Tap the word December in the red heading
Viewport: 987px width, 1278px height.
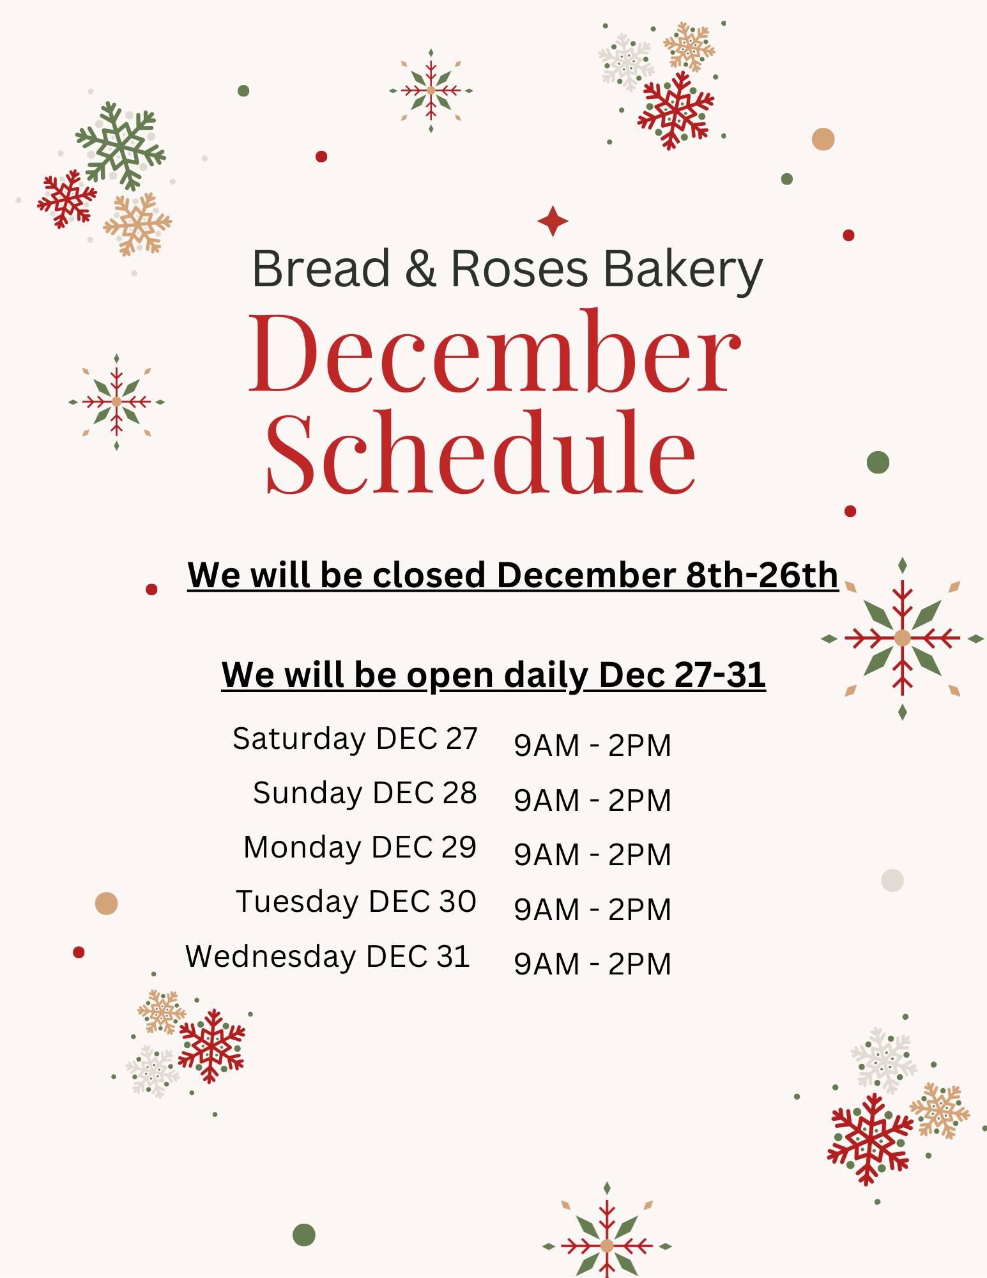point(494,354)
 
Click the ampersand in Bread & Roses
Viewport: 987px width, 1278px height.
point(420,268)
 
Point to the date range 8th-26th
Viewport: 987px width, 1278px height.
point(761,575)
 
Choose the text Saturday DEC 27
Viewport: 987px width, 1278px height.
point(355,739)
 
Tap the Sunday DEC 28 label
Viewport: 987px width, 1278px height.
point(365,793)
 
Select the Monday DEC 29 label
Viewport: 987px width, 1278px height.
point(360,847)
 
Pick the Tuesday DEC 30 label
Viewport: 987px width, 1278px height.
point(356,902)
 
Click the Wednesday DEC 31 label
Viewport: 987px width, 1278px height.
point(328,957)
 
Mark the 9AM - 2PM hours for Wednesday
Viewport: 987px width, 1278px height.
point(592,964)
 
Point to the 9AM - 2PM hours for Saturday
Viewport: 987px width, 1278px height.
point(592,746)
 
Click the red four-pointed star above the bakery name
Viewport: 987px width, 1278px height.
point(553,221)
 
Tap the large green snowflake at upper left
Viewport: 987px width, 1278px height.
point(120,146)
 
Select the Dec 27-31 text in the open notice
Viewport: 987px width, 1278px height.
point(682,675)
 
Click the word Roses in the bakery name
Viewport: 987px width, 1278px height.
point(519,268)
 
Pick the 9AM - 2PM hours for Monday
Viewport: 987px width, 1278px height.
point(592,854)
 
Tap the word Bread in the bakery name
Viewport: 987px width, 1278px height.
point(321,268)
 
